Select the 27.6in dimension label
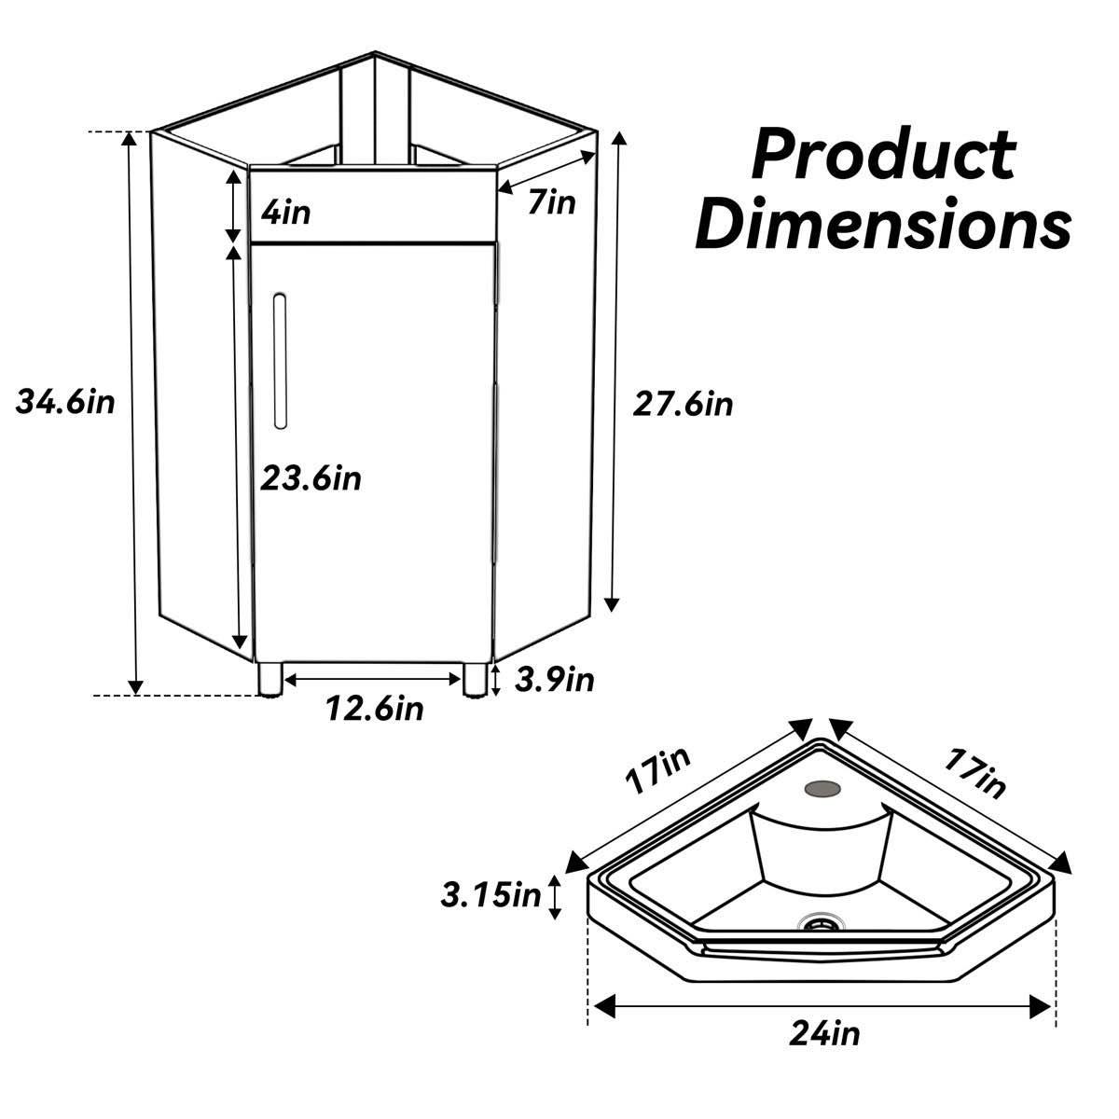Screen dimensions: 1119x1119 click(683, 404)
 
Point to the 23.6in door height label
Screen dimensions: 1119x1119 click(311, 478)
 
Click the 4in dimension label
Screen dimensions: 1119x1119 click(285, 213)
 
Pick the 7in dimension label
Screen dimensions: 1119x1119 click(552, 200)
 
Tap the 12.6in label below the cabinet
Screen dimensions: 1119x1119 click(374, 709)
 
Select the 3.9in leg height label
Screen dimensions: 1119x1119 click(554, 680)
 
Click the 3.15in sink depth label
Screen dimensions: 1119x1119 click(490, 896)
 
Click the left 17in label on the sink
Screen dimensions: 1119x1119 click(658, 770)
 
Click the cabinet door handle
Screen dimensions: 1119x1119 click(280, 361)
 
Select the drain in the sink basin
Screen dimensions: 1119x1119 click(822, 923)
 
